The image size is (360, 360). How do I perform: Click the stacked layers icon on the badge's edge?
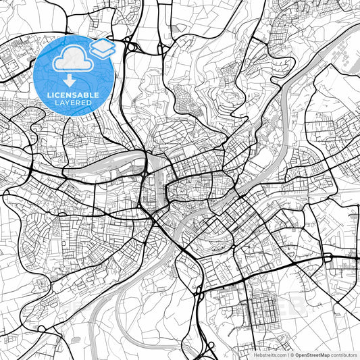pyautogui.click(x=102, y=48)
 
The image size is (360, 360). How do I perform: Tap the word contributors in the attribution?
pyautogui.click(x=344, y=354)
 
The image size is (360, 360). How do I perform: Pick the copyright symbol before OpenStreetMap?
pyautogui.click(x=292, y=354)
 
